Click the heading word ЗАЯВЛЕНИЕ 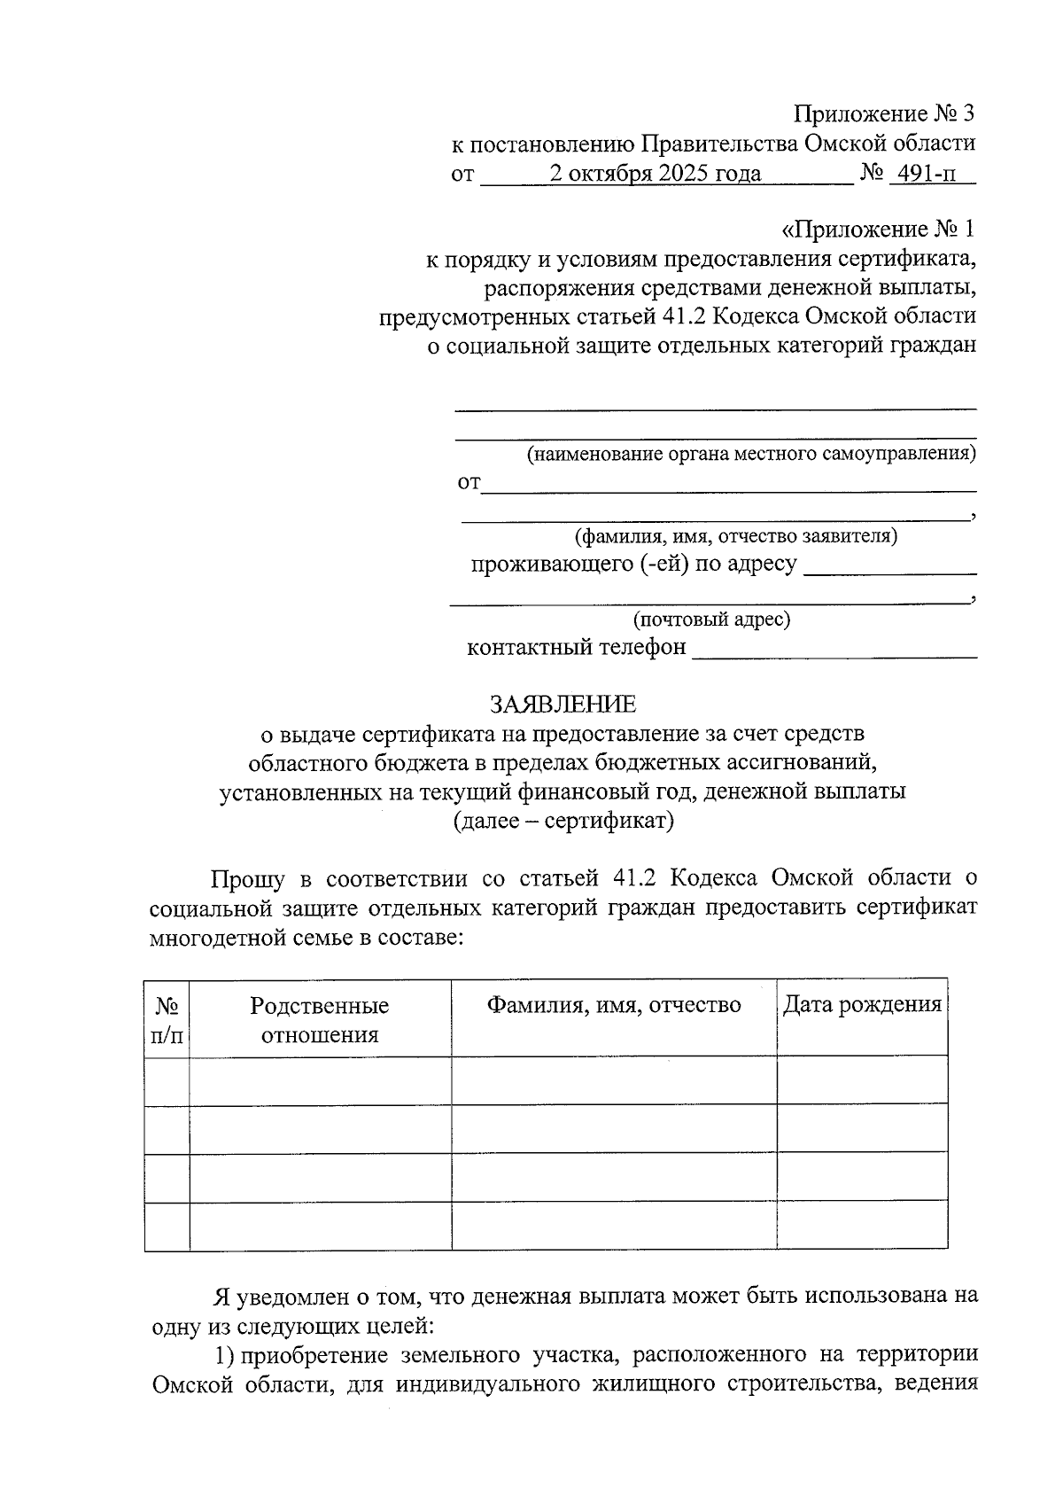pos(563,705)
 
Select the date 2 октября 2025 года pos(655,174)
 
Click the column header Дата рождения pos(862,1005)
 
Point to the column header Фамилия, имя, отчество pos(614,1005)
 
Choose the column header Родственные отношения pos(320,1020)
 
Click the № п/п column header pos(167,1020)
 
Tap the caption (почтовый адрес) pos(711,620)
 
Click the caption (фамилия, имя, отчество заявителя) pos(735,536)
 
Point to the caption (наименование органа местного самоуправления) pos(751,456)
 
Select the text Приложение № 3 pos(884,114)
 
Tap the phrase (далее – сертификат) pos(563,821)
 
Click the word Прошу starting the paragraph pos(248,879)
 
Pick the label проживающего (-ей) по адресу pos(633,564)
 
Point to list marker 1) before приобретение pos(225,1355)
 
